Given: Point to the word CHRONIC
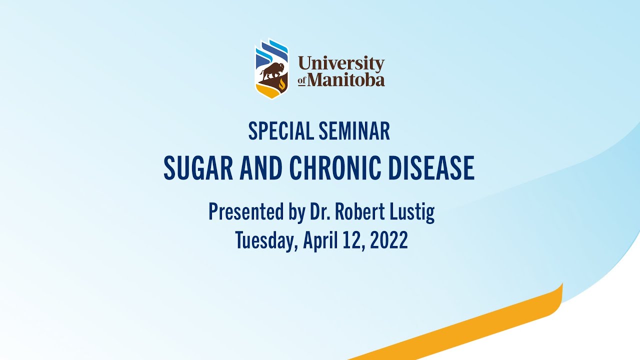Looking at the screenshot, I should [335, 168].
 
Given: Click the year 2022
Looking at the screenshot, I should [389, 240].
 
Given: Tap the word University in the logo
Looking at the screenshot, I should [341, 64].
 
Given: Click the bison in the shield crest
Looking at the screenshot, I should [271, 71].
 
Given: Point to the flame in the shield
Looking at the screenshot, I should [282, 83].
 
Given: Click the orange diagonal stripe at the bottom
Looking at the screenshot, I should [475, 325].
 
